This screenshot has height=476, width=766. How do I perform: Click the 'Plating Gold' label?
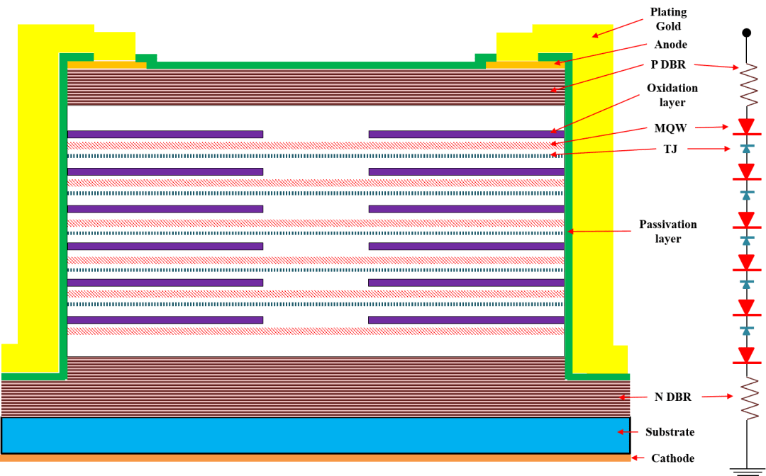tap(668, 19)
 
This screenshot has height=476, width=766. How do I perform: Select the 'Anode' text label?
tap(670, 45)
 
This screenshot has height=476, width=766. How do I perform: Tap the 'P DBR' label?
tap(668, 64)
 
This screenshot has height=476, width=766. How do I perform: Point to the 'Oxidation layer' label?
tap(672, 95)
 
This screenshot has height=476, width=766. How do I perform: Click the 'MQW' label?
tap(670, 128)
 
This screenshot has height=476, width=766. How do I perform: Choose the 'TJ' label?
tap(670, 149)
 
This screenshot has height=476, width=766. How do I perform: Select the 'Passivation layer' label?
tap(668, 231)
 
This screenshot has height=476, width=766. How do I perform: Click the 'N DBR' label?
tap(672, 397)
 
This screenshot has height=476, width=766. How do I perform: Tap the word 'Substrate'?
tap(670, 431)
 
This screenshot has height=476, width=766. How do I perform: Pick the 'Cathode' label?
tap(672, 458)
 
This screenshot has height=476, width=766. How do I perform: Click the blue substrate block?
tap(316, 436)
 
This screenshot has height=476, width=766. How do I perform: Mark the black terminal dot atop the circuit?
tap(746, 33)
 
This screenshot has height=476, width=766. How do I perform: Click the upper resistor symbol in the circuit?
tap(747, 86)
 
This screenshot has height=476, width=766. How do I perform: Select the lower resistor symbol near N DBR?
tap(747, 399)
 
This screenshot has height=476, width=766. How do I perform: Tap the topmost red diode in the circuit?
tap(746, 127)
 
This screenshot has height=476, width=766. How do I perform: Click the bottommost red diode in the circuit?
tap(746, 356)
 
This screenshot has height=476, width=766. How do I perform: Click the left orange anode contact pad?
tap(106, 65)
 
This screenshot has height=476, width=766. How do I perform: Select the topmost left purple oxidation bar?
tap(165, 134)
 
